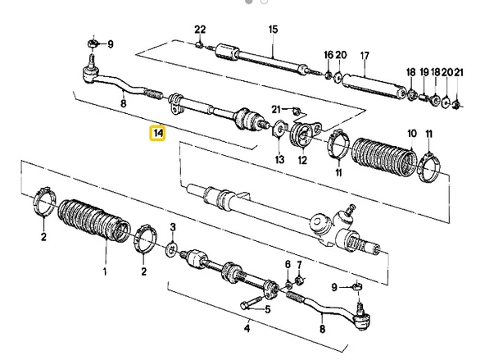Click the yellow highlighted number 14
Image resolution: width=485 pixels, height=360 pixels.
coord(158,134)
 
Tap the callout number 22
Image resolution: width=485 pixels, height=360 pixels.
coord(200,30)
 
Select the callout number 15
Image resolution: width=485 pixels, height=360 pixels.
coord(273,30)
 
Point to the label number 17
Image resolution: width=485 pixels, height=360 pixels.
coord(365,56)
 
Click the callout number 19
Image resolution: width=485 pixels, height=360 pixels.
coord(424,72)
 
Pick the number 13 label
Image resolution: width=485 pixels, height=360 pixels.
coord(279,159)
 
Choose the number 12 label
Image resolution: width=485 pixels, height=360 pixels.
coord(302,160)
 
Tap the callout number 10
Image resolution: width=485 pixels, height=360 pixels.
coord(412,134)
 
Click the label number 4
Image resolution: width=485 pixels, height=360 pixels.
coord(247,328)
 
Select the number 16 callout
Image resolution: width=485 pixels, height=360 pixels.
coord(329,55)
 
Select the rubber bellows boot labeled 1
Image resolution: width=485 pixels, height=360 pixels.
coord(93,221)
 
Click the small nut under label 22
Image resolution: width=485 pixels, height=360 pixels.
coord(200,45)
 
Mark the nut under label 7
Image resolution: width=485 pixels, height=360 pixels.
coord(299,281)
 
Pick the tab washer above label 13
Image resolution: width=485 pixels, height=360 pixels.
coord(279,128)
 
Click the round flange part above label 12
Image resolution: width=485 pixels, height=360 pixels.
coord(305,134)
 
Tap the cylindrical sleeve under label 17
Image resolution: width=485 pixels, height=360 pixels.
coord(374,87)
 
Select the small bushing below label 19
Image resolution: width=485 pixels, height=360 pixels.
coord(424,98)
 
